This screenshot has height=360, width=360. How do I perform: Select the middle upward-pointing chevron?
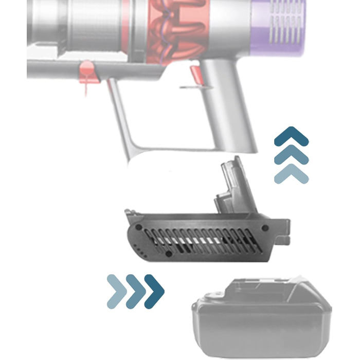(291, 155)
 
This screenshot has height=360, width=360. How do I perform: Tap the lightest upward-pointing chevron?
(291, 173)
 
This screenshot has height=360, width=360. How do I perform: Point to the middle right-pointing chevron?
(135, 291)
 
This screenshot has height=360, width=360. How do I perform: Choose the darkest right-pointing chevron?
(154, 291)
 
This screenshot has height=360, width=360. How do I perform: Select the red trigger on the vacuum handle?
(195, 75)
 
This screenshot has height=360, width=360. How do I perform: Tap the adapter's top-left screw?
(138, 226)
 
